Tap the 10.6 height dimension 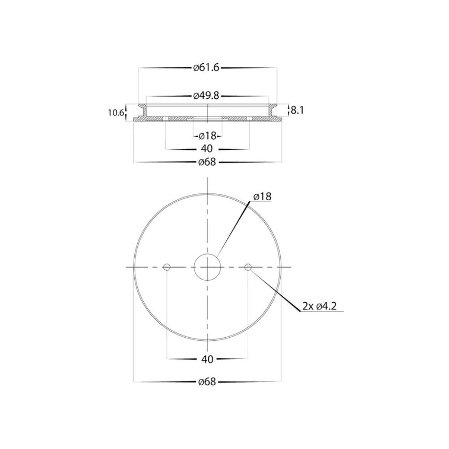115,113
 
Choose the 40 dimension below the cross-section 207,149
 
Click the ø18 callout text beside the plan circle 262,197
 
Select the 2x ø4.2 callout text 320,306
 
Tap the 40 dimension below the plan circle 207,359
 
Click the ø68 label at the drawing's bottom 207,382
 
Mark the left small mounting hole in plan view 167,267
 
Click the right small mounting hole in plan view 248,267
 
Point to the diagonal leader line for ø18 233,229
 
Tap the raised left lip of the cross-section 142,110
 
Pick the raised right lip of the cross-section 273,110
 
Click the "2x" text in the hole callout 308,306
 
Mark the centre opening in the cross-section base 207,118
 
